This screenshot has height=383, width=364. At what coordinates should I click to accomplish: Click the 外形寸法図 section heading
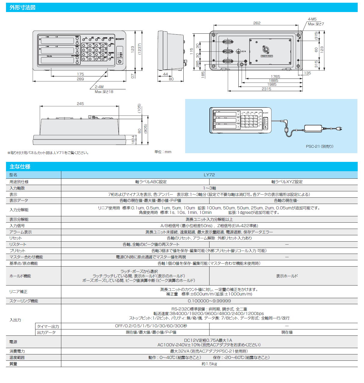23,8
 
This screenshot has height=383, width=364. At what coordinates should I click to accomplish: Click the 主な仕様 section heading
20,167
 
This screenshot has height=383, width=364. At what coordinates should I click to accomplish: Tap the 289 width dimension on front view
80,79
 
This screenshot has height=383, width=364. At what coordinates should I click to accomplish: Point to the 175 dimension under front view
80,74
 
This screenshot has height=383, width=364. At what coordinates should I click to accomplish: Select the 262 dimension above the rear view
257,23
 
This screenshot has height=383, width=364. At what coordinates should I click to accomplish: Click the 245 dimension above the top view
80,103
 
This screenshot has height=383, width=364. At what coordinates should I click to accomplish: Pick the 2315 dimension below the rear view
266,89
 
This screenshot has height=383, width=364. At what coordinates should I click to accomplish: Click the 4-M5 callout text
312,19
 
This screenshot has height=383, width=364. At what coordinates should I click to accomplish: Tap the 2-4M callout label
99,87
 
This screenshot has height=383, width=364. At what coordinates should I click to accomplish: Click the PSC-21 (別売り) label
320,147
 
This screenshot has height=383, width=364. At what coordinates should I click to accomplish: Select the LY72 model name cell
209,175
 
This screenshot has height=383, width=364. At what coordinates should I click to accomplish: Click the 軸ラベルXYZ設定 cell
287,182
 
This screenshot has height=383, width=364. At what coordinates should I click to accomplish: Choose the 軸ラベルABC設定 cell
151,182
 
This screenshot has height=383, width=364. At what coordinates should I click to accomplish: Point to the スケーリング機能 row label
24,301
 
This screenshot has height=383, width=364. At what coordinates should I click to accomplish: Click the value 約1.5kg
209,364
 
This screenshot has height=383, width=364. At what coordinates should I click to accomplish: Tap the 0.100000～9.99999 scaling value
209,301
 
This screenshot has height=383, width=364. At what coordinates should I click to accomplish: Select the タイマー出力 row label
48,326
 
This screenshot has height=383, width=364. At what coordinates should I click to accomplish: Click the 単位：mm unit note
163,152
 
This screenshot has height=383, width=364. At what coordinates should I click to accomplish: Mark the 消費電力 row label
17,351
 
